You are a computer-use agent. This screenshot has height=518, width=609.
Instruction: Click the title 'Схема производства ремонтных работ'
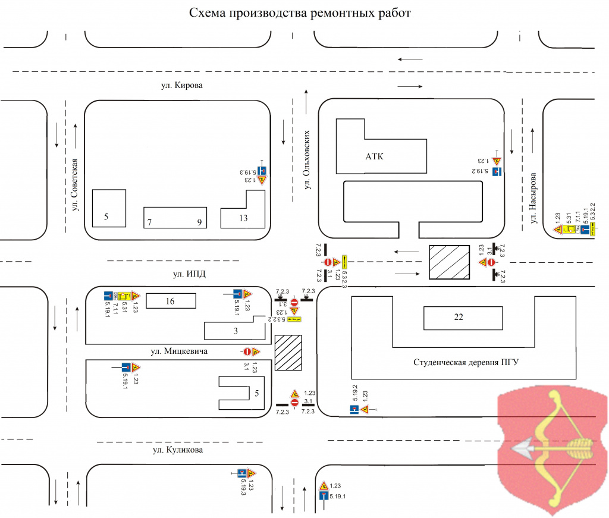point(300,13)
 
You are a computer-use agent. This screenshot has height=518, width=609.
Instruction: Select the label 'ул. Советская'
point(76,185)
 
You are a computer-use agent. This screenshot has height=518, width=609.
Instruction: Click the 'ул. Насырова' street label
point(533,199)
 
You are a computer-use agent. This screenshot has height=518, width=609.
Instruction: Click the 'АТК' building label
point(374,157)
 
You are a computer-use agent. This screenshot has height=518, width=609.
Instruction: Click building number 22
point(458,317)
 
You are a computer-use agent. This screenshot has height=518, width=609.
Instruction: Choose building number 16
point(170,302)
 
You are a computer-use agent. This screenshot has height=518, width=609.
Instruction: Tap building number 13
point(243,218)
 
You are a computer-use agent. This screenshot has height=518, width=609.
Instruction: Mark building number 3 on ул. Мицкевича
point(236,331)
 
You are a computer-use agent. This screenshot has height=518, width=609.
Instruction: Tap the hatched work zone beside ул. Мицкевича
point(288,353)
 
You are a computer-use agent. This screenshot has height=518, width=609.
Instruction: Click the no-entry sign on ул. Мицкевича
point(246,351)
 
